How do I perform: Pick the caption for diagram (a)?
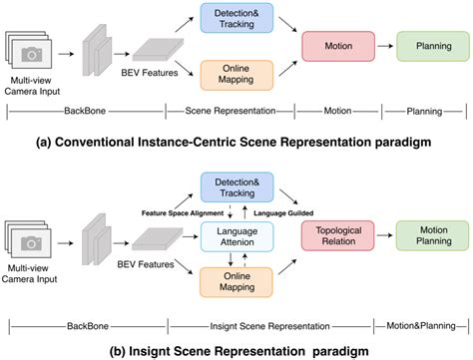(x=236, y=143)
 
